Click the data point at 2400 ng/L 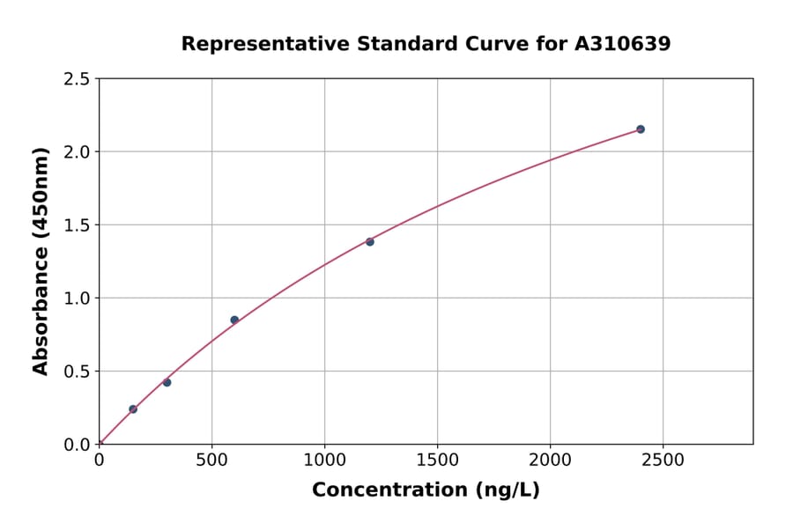tap(641, 129)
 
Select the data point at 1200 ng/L tap(370, 242)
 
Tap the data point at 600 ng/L tap(234, 320)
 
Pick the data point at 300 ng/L tap(167, 382)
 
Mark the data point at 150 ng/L tap(133, 409)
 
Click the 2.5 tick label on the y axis tap(78, 79)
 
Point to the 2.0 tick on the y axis tap(78, 152)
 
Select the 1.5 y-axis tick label tap(78, 225)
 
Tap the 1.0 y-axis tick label tap(78, 298)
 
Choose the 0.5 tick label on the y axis tap(78, 372)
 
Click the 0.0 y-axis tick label tap(78, 445)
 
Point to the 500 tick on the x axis tap(211, 460)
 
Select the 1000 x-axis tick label tap(324, 460)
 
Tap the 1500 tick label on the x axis tap(437, 460)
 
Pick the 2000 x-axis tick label tap(550, 460)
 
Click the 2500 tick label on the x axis tap(663, 460)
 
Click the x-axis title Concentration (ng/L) tap(426, 490)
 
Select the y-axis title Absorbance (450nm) tap(41, 261)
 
